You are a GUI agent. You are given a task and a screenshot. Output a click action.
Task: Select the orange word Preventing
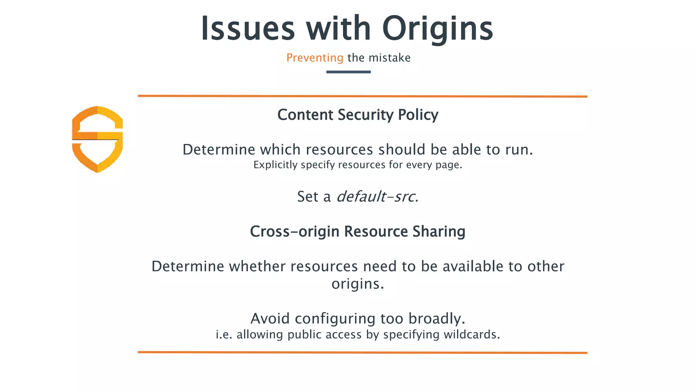click(x=315, y=58)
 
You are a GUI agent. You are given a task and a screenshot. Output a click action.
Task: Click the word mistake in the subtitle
click(x=389, y=58)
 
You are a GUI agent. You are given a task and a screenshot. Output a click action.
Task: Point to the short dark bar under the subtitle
click(x=348, y=72)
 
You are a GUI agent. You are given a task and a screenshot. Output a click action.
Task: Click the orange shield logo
click(x=98, y=139)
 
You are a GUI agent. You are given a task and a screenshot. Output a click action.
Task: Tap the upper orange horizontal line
click(x=362, y=96)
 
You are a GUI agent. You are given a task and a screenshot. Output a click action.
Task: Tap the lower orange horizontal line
click(x=362, y=353)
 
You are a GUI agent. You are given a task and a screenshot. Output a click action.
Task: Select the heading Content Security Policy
click(x=358, y=115)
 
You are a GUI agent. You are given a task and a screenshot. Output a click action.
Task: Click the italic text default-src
click(x=377, y=197)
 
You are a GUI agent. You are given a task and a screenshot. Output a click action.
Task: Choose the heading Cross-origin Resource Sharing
click(x=358, y=231)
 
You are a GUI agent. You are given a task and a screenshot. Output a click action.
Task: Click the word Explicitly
click(x=275, y=165)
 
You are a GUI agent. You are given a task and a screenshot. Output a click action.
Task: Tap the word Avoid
click(x=270, y=319)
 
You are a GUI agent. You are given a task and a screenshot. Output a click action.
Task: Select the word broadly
click(x=437, y=319)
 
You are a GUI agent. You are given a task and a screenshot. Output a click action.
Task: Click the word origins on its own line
click(x=358, y=284)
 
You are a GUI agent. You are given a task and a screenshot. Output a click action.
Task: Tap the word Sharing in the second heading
click(x=439, y=231)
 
